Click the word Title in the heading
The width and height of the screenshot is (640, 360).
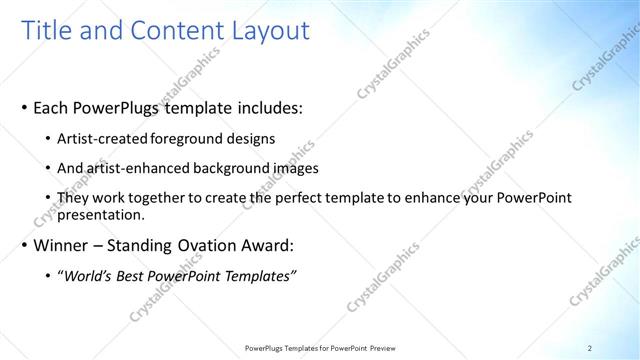click(49, 31)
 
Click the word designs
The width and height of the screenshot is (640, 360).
click(254, 138)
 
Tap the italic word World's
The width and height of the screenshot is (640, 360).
click(90, 275)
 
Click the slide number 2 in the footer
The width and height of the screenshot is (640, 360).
click(590, 348)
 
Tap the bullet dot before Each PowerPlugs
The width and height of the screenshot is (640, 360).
click(24, 108)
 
